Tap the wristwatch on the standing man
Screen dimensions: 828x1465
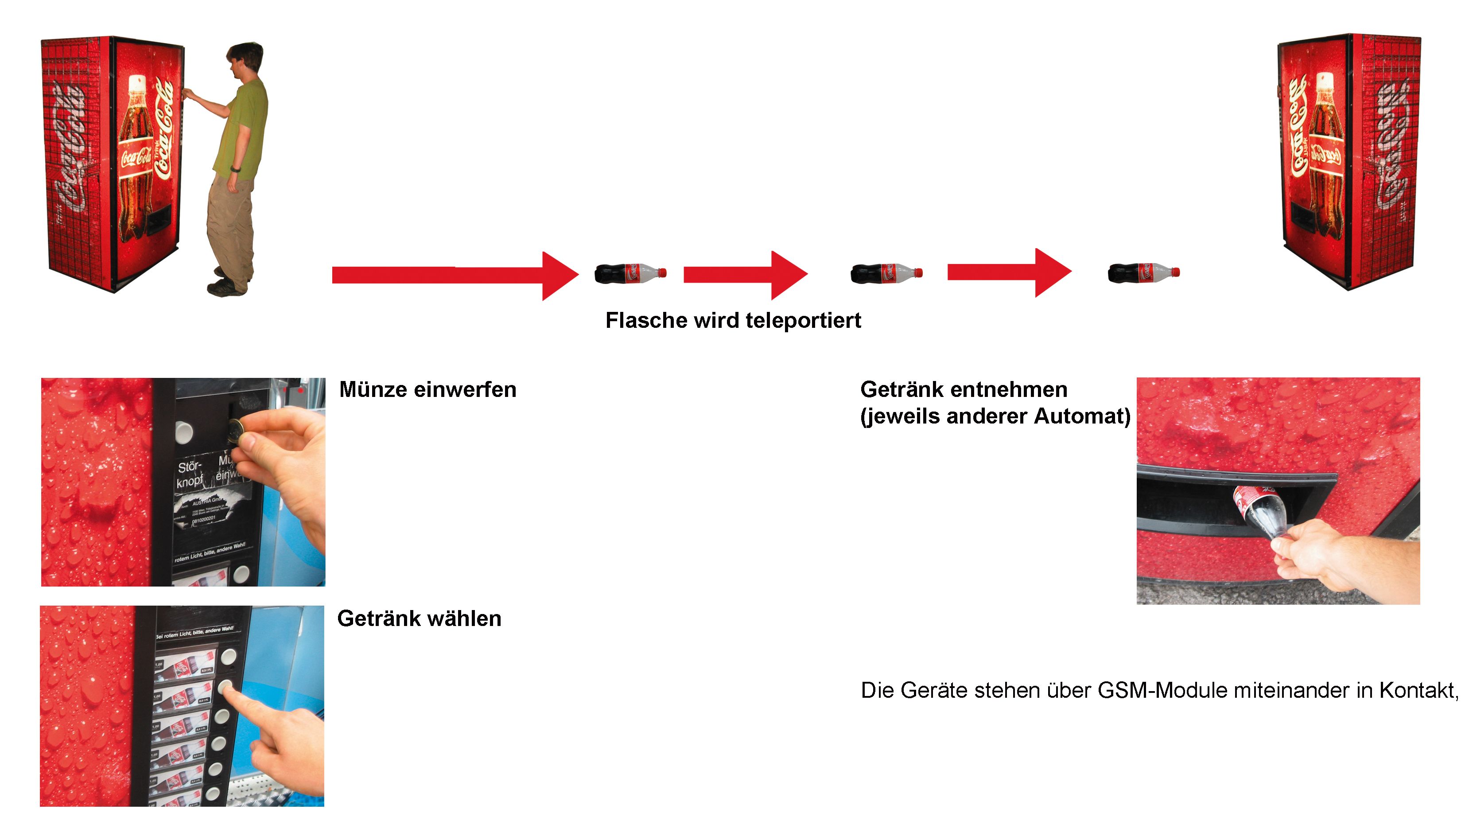click(x=235, y=168)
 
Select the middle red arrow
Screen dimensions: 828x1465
click(x=745, y=275)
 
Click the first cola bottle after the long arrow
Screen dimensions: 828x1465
click(x=630, y=273)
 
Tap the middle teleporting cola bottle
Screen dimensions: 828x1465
click(x=886, y=273)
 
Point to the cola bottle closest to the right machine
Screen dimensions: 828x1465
click(x=1143, y=272)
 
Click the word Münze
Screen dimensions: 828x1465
click(x=373, y=390)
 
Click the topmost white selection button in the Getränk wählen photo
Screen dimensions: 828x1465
click(x=228, y=657)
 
